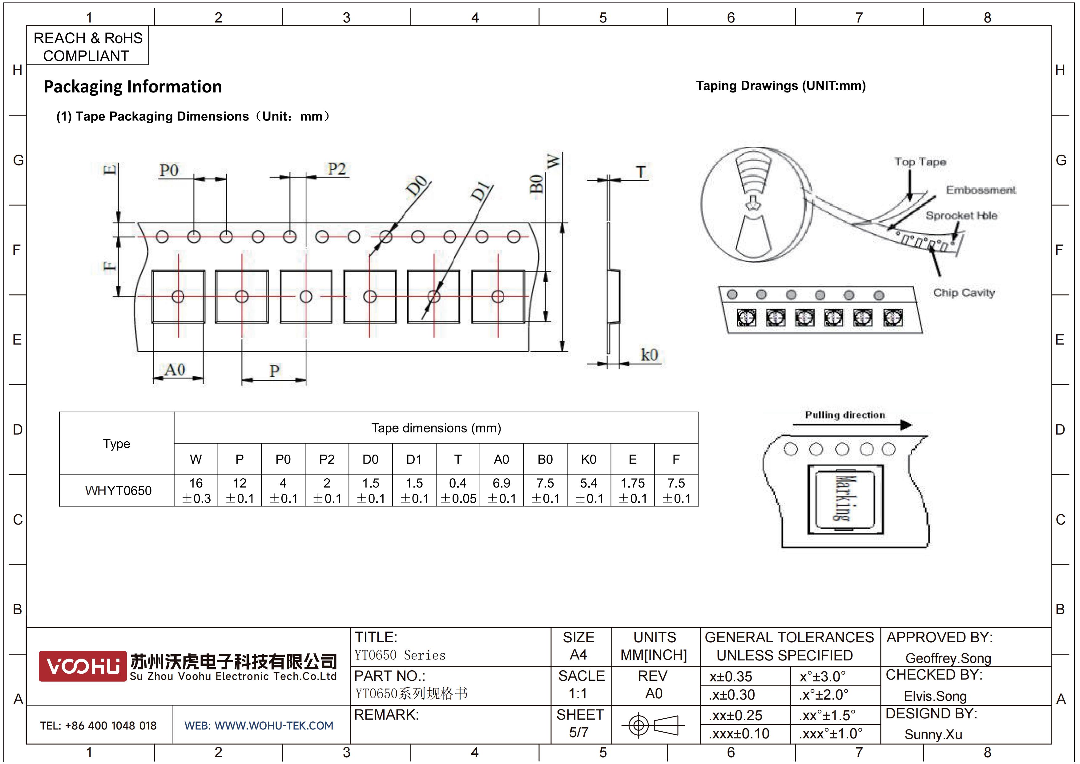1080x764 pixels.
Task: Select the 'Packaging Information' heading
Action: click(133, 87)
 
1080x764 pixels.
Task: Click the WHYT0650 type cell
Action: click(118, 491)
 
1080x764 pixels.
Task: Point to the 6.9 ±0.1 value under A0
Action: click(502, 491)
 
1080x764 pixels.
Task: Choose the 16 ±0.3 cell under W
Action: click(196, 491)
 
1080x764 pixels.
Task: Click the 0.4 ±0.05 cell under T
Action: click(458, 491)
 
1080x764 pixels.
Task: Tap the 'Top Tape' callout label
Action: click(920, 162)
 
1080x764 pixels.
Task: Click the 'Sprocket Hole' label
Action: click(961, 216)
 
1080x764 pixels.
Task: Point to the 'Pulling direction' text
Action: click(845, 415)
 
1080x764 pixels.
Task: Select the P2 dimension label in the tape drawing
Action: click(336, 169)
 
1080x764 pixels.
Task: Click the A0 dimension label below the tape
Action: click(175, 370)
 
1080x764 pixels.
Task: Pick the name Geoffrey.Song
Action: click(948, 658)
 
